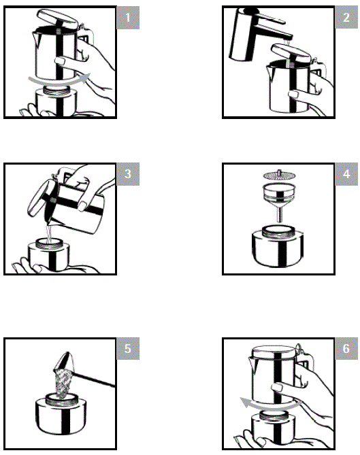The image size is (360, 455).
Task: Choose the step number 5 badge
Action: pos(128,350)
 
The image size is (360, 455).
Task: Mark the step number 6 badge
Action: pos(347,350)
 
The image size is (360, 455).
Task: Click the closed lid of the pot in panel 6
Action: pos(275,352)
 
